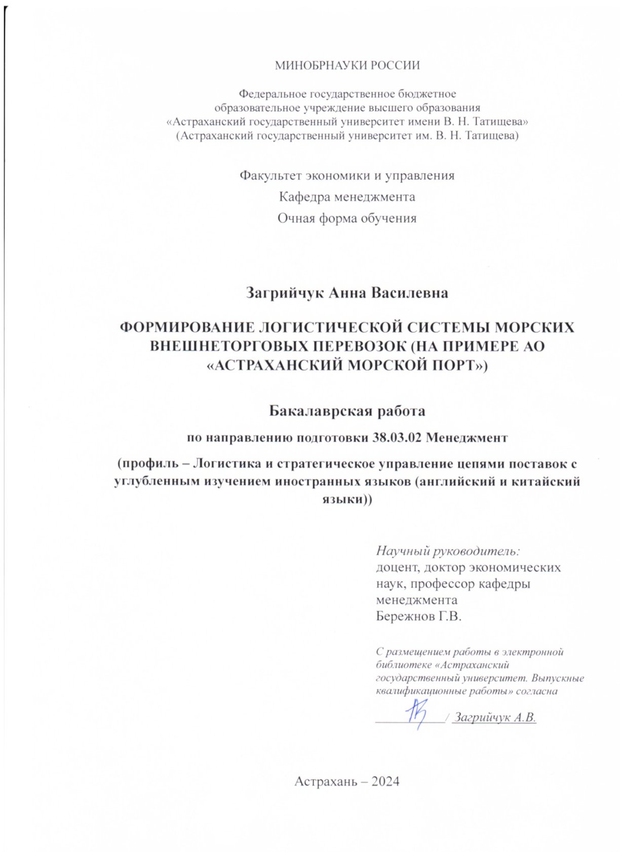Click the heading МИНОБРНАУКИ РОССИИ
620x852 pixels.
point(347,65)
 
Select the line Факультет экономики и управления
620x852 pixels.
point(347,175)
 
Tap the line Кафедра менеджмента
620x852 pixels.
point(347,197)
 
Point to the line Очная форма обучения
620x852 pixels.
point(347,218)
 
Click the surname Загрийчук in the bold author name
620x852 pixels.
point(285,293)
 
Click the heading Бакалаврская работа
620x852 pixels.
point(347,410)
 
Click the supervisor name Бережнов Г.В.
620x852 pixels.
point(418,616)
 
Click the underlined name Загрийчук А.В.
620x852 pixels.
point(494,717)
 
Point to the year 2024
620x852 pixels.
point(385,782)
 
